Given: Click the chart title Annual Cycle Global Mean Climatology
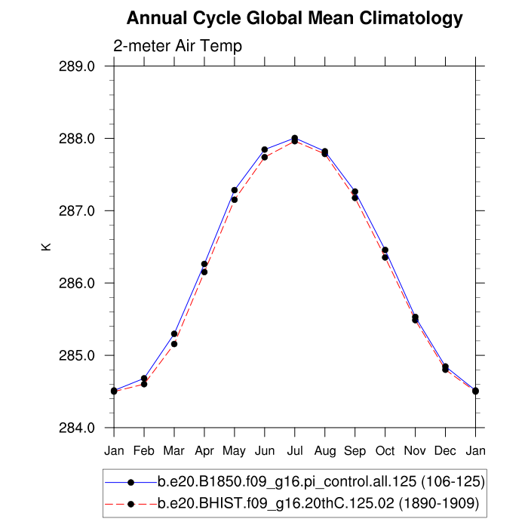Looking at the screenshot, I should (294, 18).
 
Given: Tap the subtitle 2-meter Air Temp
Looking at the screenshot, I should (177, 46).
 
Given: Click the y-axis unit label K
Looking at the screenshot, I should (46, 246).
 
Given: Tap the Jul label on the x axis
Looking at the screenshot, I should (295, 451).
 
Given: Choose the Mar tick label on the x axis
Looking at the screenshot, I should (174, 451).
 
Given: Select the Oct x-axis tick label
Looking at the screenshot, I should (385, 451).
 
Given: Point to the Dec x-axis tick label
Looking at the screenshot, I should (446, 451).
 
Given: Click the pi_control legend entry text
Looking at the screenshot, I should (321, 481).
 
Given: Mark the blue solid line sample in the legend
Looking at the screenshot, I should (131, 481).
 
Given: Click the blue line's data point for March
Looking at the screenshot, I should (174, 333).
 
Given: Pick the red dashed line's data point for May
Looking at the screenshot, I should (235, 200).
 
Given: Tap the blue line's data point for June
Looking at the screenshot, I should (265, 149).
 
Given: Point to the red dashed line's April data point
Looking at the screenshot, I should (204, 272).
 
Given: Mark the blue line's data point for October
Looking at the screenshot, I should (385, 250).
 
